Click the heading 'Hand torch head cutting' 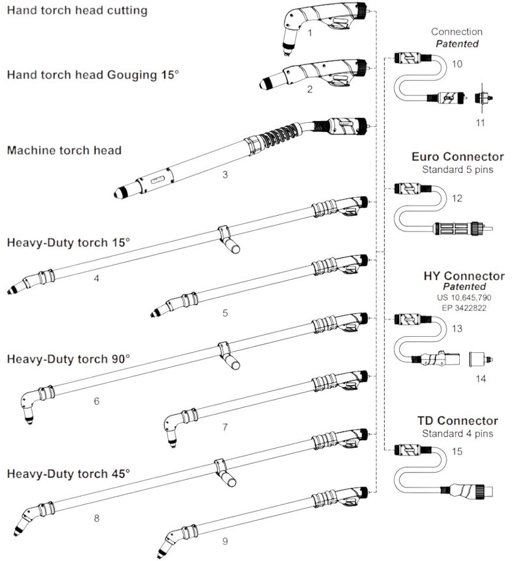[77, 10]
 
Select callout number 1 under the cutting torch [311, 33]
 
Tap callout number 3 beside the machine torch [225, 175]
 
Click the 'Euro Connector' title [458, 157]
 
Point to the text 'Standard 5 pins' [458, 169]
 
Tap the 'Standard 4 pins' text [457, 434]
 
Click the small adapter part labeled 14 [483, 358]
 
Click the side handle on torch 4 [228, 241]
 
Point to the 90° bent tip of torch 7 [172, 430]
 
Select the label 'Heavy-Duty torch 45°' [68, 473]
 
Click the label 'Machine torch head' [64, 150]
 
